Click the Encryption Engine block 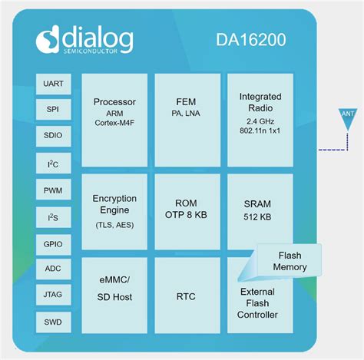(114, 210)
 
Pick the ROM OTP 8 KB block (187, 210)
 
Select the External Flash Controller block (258, 303)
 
